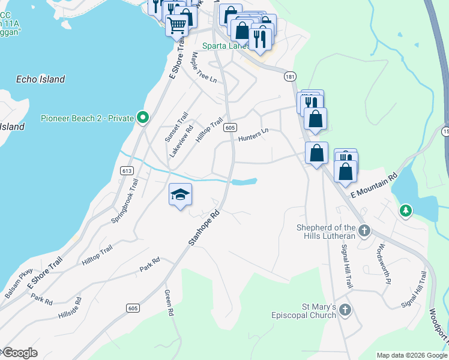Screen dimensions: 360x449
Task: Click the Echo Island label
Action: click(x=41, y=79)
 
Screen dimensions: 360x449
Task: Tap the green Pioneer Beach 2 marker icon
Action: click(x=142, y=118)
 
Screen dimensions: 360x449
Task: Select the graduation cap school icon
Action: click(x=180, y=194)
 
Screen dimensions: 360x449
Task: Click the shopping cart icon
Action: click(x=176, y=26)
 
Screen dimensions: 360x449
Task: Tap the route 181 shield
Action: click(x=291, y=77)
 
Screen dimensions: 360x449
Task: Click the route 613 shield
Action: click(x=126, y=171)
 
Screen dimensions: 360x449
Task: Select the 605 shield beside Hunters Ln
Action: click(x=229, y=128)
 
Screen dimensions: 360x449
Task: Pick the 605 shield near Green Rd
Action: click(x=133, y=308)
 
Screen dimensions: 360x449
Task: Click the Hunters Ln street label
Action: click(x=252, y=137)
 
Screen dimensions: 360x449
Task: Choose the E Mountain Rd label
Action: click(x=375, y=185)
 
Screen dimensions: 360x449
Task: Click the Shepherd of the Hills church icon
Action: click(x=364, y=230)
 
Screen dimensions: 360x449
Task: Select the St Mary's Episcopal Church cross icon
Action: click(x=345, y=310)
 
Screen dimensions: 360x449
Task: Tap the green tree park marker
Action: click(x=406, y=211)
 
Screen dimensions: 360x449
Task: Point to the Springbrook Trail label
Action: click(x=125, y=202)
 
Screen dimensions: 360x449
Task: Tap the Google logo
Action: click(x=19, y=353)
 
